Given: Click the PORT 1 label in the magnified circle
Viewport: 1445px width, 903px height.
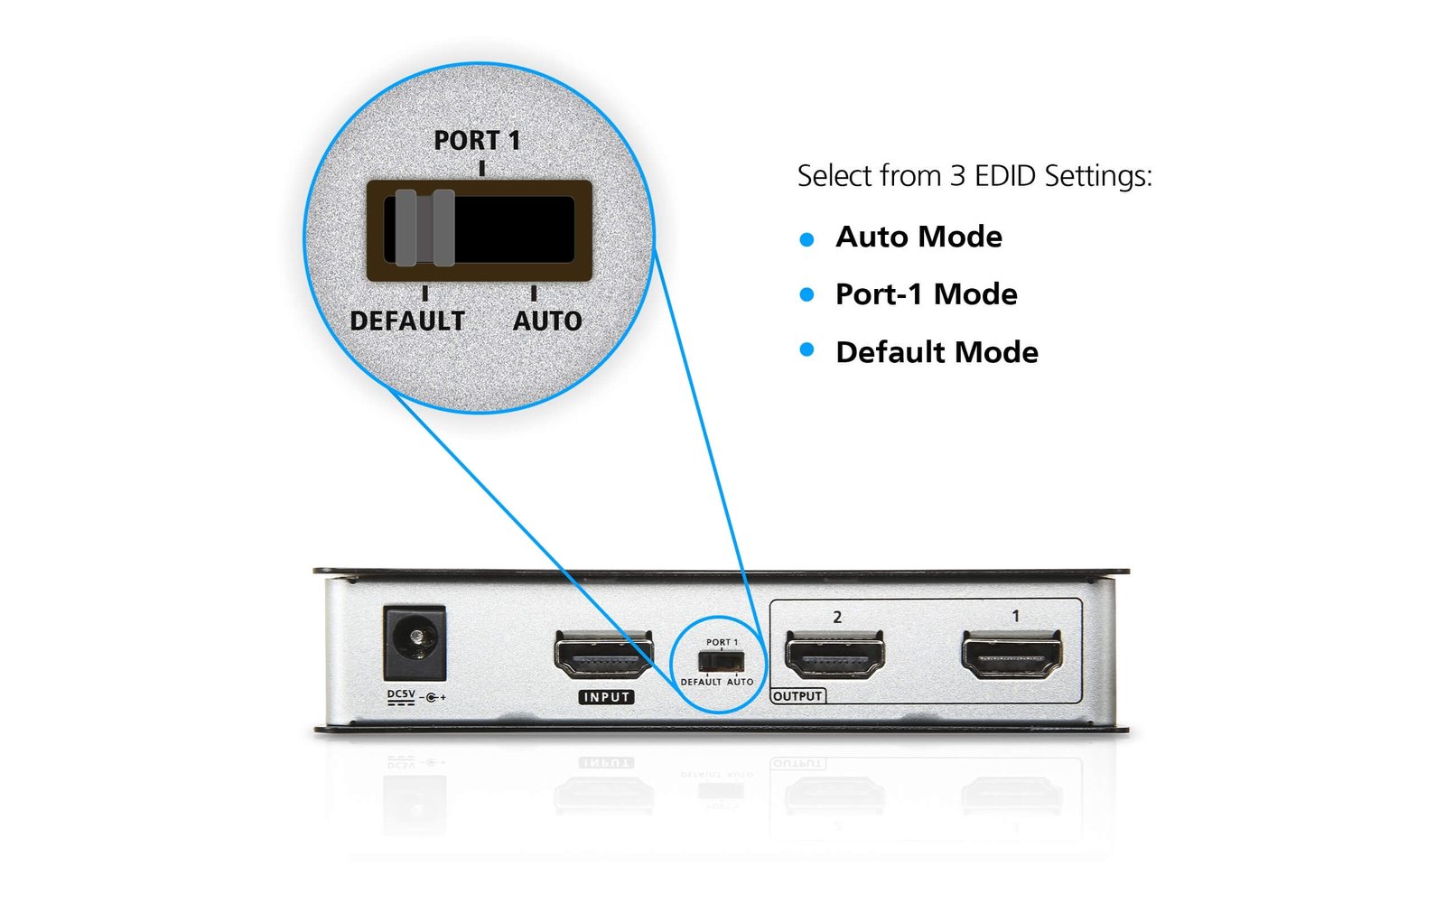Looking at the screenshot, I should (x=477, y=141).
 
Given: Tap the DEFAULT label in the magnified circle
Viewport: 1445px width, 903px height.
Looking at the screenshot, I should (x=407, y=321).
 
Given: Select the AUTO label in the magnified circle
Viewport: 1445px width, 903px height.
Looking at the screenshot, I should (x=547, y=321).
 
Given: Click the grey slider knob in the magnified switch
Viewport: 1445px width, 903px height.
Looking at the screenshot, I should (x=424, y=228).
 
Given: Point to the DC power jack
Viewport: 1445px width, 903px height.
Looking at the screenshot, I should (x=415, y=642).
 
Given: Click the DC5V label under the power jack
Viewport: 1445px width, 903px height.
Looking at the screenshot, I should (x=401, y=695).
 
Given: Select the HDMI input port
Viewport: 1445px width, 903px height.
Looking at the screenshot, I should (x=603, y=656).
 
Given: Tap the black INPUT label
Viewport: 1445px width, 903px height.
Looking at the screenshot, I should (x=606, y=697).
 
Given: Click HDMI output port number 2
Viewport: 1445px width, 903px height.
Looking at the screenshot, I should (x=835, y=656).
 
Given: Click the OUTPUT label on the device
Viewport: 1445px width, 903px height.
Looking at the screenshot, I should (x=797, y=696).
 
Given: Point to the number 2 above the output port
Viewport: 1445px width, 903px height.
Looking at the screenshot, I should (x=837, y=618).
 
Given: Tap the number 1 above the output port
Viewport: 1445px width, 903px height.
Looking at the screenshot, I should (x=1016, y=616).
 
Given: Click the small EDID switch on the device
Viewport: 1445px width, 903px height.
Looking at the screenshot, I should (x=722, y=661).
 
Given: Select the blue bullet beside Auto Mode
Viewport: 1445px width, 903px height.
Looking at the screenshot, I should (x=807, y=239).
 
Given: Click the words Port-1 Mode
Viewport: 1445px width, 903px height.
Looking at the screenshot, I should (x=927, y=294).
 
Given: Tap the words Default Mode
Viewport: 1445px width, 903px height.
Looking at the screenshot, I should (x=937, y=352).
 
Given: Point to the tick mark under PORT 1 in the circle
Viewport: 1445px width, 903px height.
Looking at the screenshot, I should (x=482, y=169).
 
